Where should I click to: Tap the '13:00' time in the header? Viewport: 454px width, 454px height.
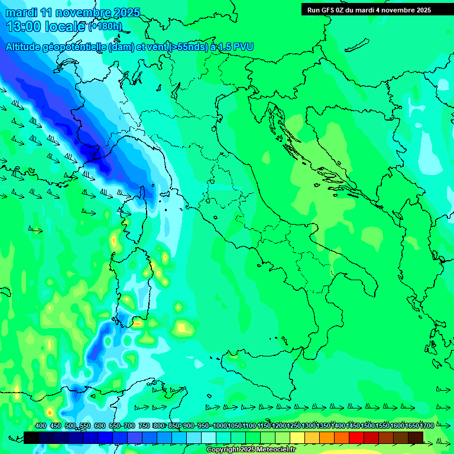click(x=23, y=27)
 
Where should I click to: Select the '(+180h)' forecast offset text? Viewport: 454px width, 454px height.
click(x=105, y=27)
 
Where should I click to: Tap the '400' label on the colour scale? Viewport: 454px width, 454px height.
click(x=41, y=426)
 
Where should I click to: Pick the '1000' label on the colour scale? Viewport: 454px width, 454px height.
click(x=219, y=426)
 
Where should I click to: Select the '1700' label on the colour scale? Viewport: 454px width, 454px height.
click(x=426, y=426)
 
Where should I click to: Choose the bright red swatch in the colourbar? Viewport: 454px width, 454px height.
click(x=356, y=437)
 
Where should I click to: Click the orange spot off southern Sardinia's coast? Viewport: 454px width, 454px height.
click(x=137, y=323)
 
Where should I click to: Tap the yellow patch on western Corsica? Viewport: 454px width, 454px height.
click(x=113, y=240)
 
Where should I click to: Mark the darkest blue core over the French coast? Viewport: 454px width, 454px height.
click(x=95, y=155)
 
